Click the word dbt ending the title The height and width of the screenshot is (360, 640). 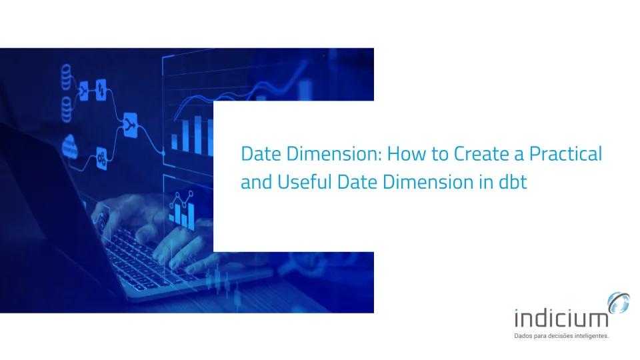[x=513, y=182]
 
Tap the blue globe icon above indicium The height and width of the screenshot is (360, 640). [x=619, y=303]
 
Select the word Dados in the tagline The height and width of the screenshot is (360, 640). [x=522, y=337]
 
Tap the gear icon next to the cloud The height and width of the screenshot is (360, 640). [x=102, y=157]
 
